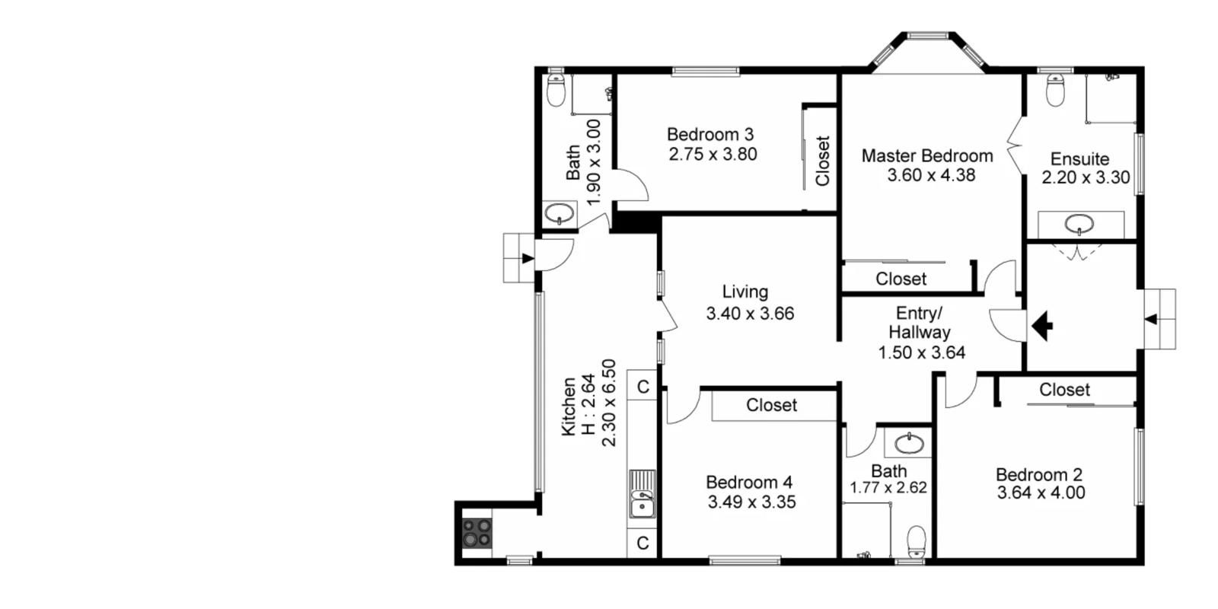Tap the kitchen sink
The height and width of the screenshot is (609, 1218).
click(x=642, y=495)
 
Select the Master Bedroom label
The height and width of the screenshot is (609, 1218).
click(x=926, y=156)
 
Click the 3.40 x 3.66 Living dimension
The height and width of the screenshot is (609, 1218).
click(x=750, y=314)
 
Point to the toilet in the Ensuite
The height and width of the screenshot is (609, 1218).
click(x=1055, y=91)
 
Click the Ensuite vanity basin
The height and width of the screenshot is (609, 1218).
click(x=1079, y=224)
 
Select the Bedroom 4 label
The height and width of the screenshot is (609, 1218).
click(x=749, y=482)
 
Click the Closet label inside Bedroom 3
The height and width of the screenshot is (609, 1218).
click(x=822, y=161)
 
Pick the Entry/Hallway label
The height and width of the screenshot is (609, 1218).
click(x=919, y=323)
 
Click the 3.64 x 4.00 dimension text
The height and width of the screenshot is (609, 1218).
click(x=1041, y=493)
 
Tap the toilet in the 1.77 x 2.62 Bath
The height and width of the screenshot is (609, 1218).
click(x=917, y=541)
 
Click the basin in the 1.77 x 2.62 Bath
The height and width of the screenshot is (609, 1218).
click(x=909, y=442)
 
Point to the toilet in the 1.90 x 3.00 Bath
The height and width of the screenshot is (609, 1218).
click(x=556, y=91)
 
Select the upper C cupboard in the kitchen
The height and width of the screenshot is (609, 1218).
click(x=642, y=387)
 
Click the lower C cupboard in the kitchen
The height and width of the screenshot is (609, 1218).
click(x=642, y=543)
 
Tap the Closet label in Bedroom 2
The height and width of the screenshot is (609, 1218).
click(x=1064, y=390)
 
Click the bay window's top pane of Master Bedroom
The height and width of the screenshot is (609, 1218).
click(x=927, y=35)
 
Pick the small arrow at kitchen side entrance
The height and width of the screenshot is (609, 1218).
click(x=528, y=258)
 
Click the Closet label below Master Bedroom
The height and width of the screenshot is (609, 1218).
click(x=901, y=279)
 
